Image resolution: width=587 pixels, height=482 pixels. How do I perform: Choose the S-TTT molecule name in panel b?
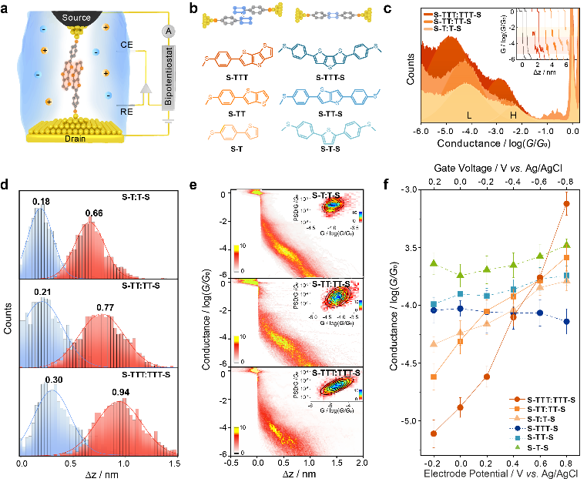(223, 80)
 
